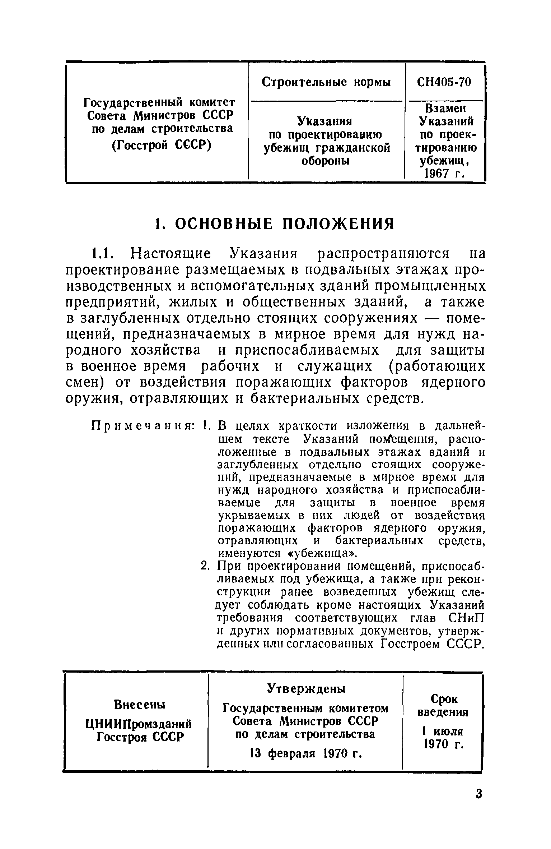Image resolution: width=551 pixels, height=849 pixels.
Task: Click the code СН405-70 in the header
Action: [x=444, y=83]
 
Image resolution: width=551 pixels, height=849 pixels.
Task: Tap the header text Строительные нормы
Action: [x=326, y=83]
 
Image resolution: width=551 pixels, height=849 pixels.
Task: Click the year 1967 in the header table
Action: [x=436, y=174]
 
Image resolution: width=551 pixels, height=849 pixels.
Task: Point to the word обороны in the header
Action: [x=326, y=161]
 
